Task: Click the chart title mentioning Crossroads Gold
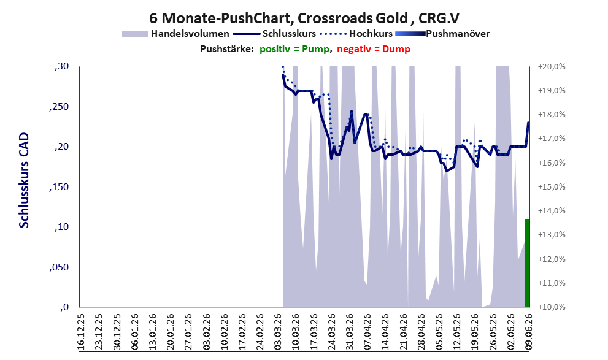pyautogui.click(x=304, y=18)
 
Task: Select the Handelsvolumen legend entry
pyautogui.click(x=175, y=34)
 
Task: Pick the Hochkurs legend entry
pyautogui.click(x=356, y=34)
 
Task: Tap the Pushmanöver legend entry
pyautogui.click(x=442, y=34)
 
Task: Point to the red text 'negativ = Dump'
pyautogui.click(x=374, y=49)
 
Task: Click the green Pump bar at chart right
pyautogui.click(x=528, y=262)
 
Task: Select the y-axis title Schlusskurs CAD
pyautogui.click(x=24, y=180)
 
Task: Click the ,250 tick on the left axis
pyautogui.click(x=59, y=107)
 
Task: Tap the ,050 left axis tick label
pyautogui.click(x=59, y=267)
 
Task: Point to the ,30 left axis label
pyautogui.click(x=61, y=67)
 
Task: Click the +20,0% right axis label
pyautogui.click(x=552, y=67)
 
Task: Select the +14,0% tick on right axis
pyautogui.click(x=552, y=211)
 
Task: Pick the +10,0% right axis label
pyautogui.click(x=552, y=307)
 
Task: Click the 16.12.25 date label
pyautogui.click(x=81, y=332)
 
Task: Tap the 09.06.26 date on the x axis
pyautogui.click(x=528, y=332)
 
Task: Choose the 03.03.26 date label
pyautogui.click(x=278, y=332)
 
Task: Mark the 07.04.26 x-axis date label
pyautogui.click(x=367, y=332)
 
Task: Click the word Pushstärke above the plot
pyautogui.click(x=227, y=49)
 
